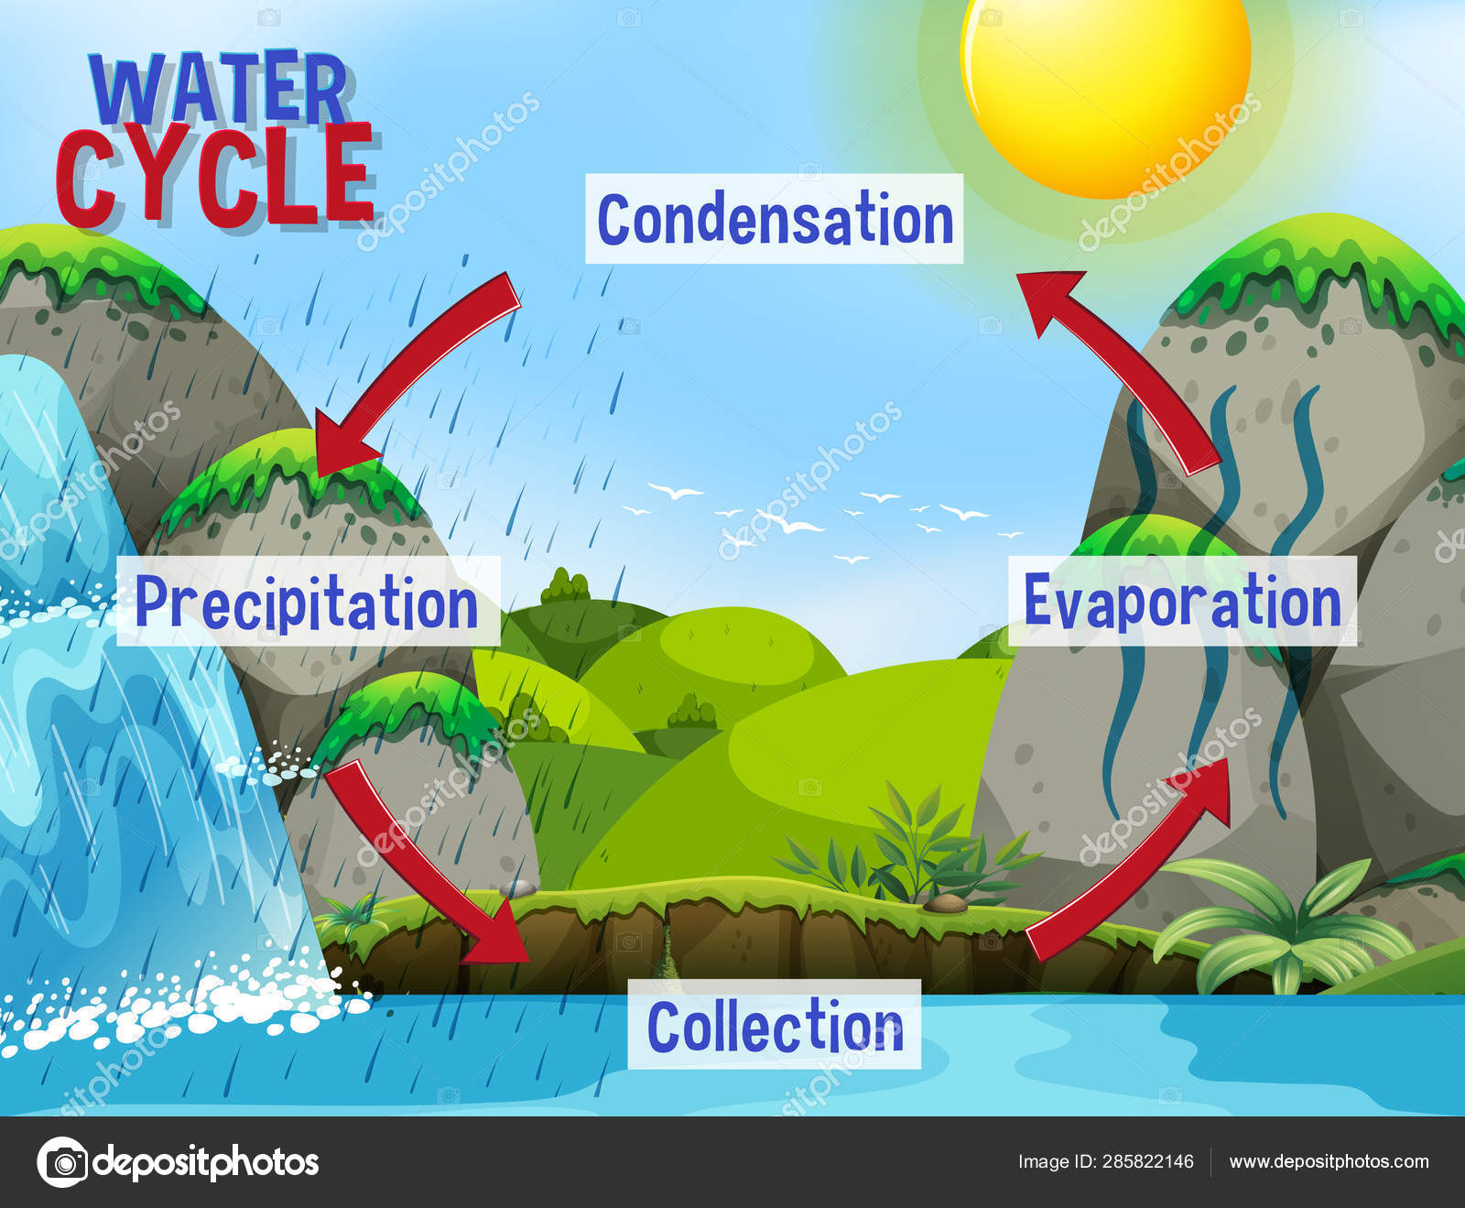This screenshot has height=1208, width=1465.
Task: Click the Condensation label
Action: pyautogui.click(x=775, y=219)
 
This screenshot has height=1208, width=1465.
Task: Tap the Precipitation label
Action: pyautogui.click(x=308, y=602)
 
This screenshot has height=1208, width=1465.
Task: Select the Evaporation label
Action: pyautogui.click(x=1182, y=602)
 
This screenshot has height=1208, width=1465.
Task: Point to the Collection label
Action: pyautogui.click(x=775, y=1025)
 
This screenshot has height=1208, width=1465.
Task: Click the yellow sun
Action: pyautogui.click(x=1106, y=82)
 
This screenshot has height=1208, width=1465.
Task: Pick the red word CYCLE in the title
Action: pyautogui.click(x=216, y=176)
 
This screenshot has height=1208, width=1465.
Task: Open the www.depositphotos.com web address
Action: pyautogui.click(x=1329, y=1161)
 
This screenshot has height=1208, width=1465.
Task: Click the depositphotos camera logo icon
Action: pyautogui.click(x=62, y=1162)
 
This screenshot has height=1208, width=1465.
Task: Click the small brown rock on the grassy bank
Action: pyautogui.click(x=943, y=904)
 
